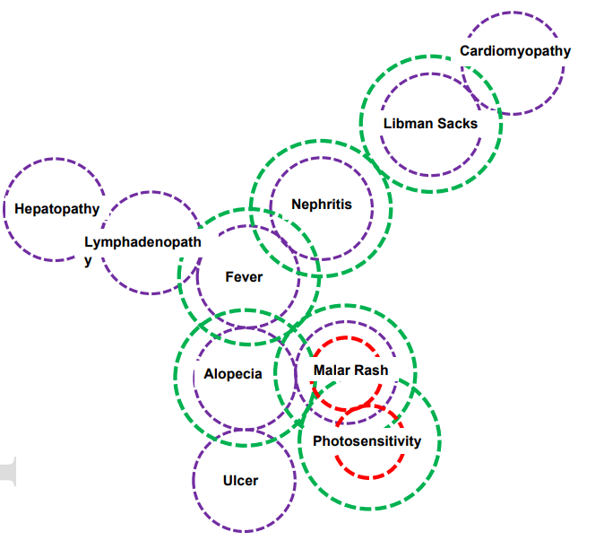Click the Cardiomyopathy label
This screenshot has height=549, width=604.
514,51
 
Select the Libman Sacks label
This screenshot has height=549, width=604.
430,124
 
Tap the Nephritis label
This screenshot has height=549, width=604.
322,205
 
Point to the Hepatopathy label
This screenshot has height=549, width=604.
57,210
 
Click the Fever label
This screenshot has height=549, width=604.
244,277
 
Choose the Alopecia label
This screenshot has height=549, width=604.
233,374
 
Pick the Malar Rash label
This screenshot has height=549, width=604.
351,370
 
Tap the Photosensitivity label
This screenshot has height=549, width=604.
367,441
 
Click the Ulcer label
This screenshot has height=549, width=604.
240,481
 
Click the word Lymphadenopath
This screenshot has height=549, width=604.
142,242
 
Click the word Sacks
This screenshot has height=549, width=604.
457,124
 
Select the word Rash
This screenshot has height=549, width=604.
372,370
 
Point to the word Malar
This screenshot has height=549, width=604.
332,370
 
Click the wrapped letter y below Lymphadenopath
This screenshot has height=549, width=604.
88,261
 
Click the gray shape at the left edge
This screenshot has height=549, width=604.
7,472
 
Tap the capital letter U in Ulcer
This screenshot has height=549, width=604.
228,481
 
